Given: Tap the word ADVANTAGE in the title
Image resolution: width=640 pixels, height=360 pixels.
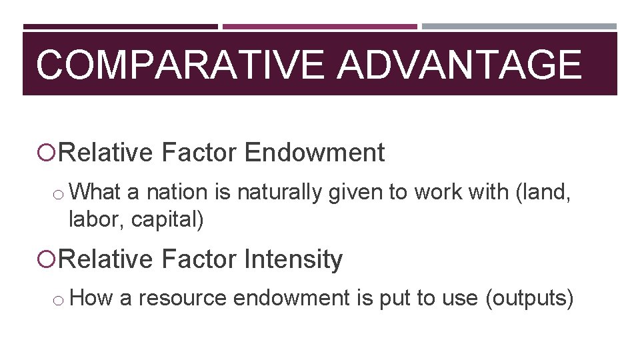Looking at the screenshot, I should click(459, 65).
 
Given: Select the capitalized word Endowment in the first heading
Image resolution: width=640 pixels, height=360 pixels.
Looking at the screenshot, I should click(315, 153).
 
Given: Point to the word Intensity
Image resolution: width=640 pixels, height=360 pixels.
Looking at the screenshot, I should click(293, 259).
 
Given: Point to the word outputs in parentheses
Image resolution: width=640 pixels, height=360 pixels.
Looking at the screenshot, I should click(529, 298).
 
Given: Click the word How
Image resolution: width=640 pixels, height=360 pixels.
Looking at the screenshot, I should click(91, 298).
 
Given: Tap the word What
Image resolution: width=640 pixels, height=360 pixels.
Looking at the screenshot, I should click(94, 192).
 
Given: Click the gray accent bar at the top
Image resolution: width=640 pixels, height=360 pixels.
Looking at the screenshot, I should click(519, 27).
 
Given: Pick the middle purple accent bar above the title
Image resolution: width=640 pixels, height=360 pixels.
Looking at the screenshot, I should click(319, 27).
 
